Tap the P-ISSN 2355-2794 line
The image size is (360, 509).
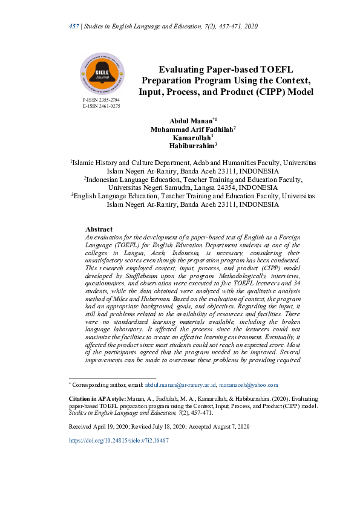point(101,99)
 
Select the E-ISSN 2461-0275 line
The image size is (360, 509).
point(101,106)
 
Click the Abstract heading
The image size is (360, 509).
point(99,229)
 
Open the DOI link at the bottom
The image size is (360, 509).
point(118,441)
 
